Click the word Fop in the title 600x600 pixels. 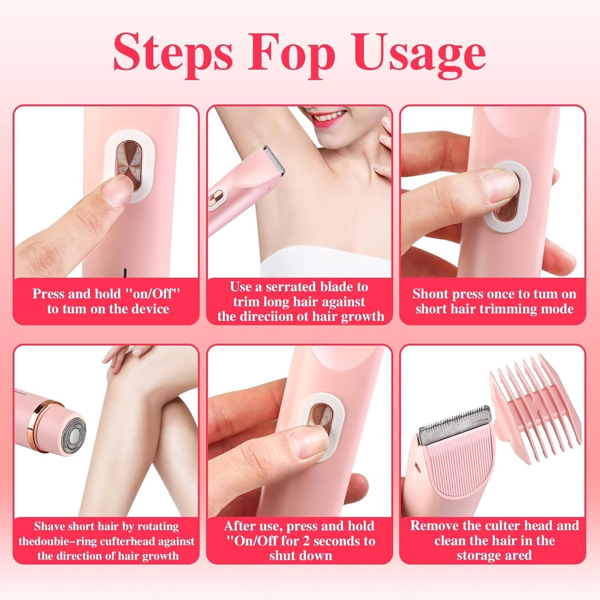tap(291, 55)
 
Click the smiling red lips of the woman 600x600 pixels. tap(328, 116)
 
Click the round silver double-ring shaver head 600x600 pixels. tap(74, 435)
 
